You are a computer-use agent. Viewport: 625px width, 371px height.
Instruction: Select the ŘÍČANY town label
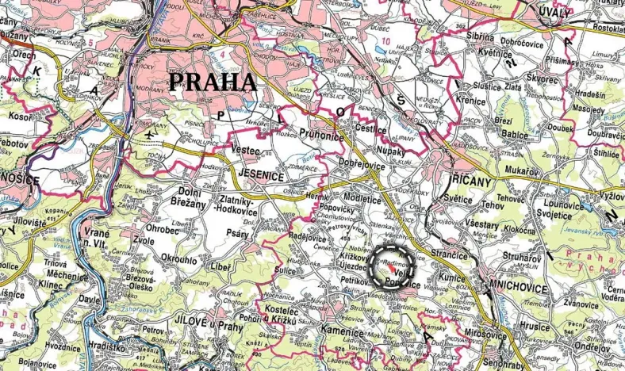click(473, 178)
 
